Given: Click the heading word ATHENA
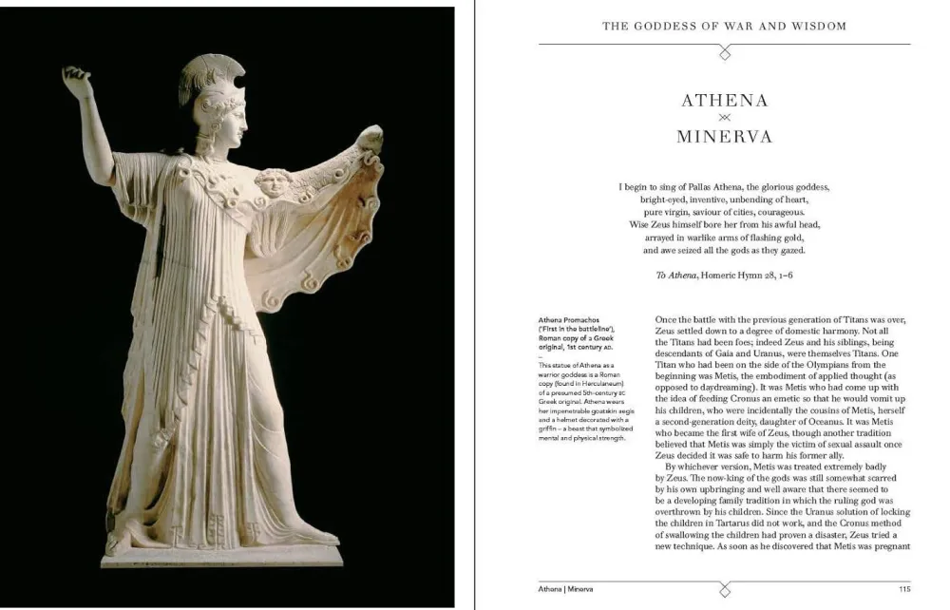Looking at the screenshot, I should (x=724, y=101).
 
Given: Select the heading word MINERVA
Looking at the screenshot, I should (x=724, y=137).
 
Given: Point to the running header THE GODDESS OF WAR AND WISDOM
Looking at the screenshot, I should (x=724, y=26).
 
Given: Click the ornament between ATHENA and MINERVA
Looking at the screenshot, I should (x=724, y=118).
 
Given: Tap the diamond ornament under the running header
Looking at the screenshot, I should (x=724, y=53).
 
